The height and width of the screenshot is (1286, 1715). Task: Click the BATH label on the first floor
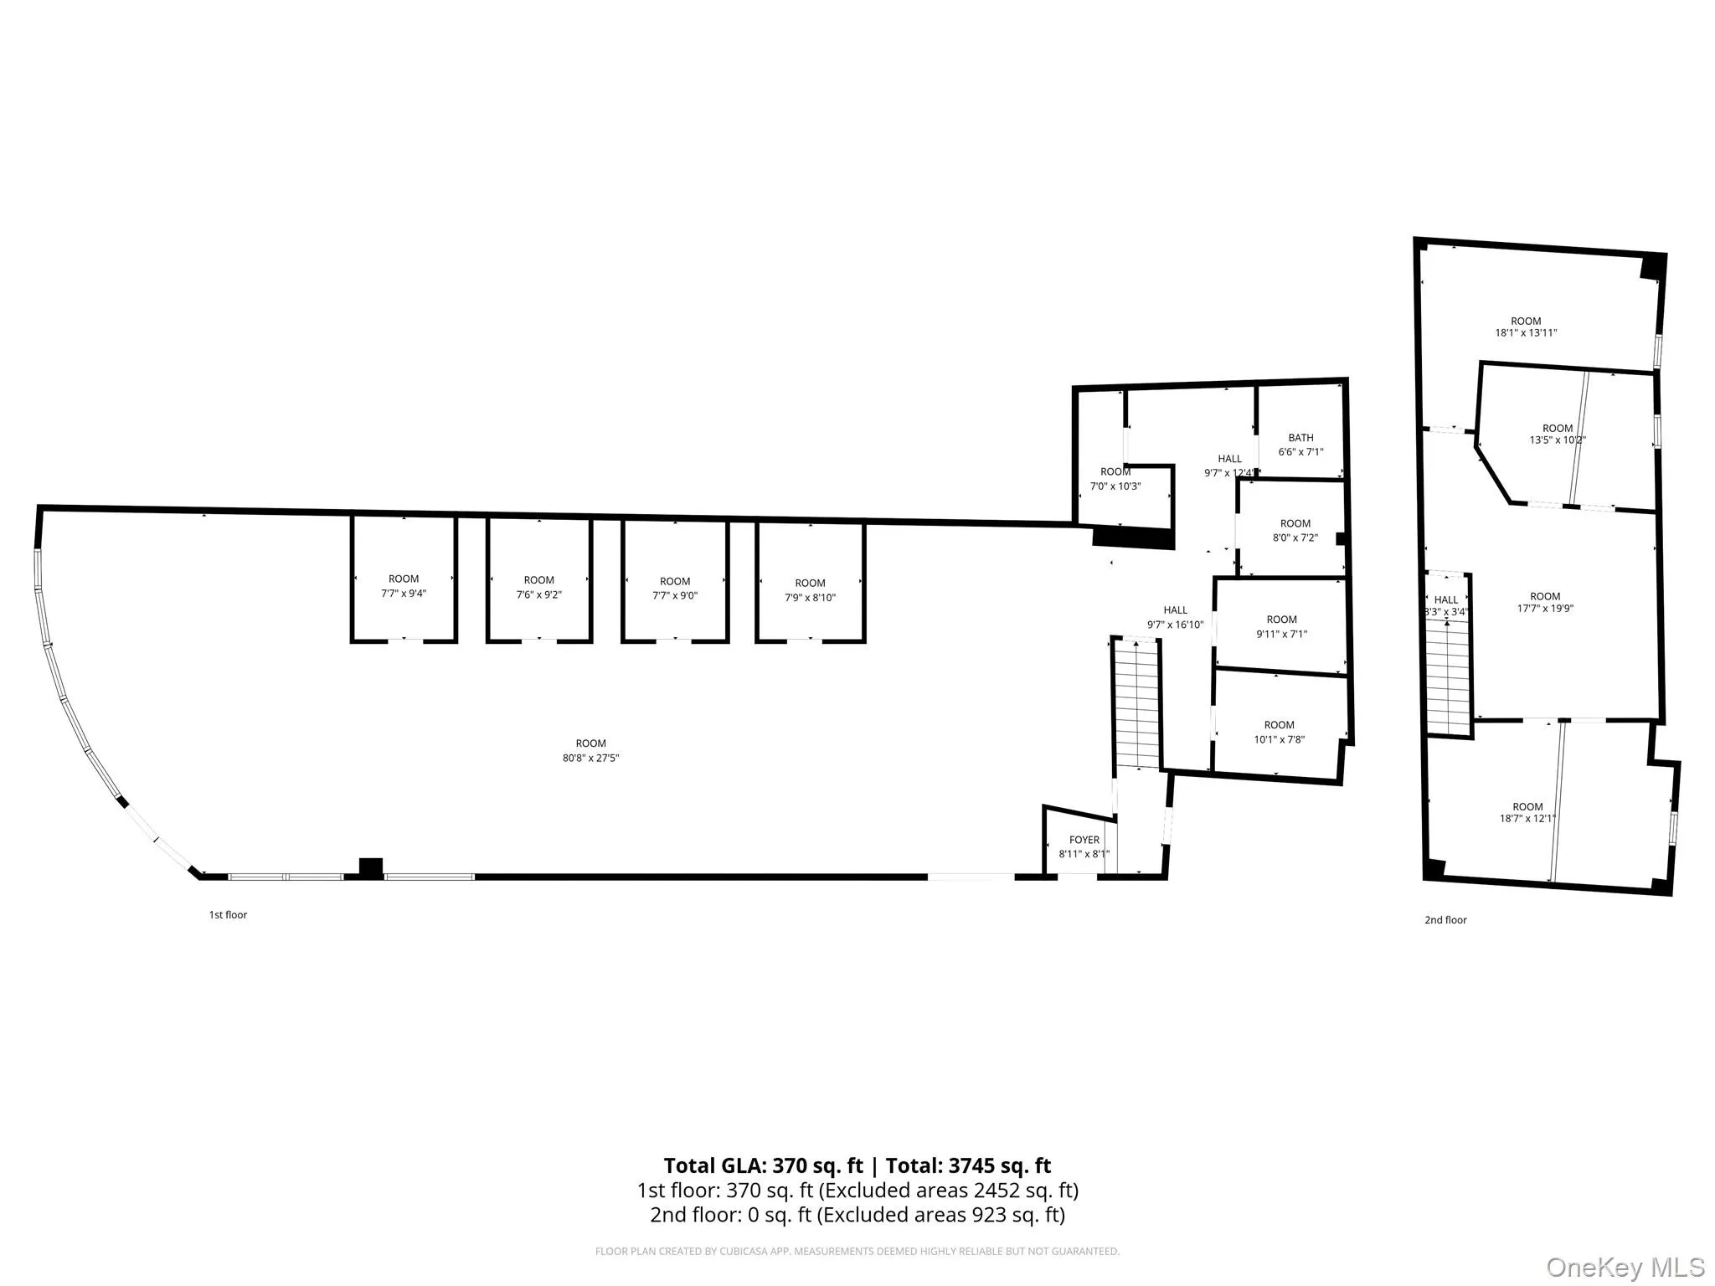click(x=1300, y=438)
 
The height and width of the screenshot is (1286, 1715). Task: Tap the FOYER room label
click(x=1084, y=840)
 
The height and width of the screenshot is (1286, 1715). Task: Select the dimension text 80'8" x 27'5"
click(x=590, y=758)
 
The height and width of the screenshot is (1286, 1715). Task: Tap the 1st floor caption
click(x=228, y=915)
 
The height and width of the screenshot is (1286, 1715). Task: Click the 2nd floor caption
click(x=1445, y=920)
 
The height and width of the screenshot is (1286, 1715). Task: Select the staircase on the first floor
click(x=1136, y=703)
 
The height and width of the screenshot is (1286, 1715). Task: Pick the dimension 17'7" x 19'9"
click(x=1545, y=609)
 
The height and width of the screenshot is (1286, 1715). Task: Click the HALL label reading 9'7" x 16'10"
click(x=1175, y=617)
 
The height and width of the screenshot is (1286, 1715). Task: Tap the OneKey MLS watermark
click(x=1624, y=1268)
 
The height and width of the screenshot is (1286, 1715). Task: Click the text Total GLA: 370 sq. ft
click(x=763, y=1165)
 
